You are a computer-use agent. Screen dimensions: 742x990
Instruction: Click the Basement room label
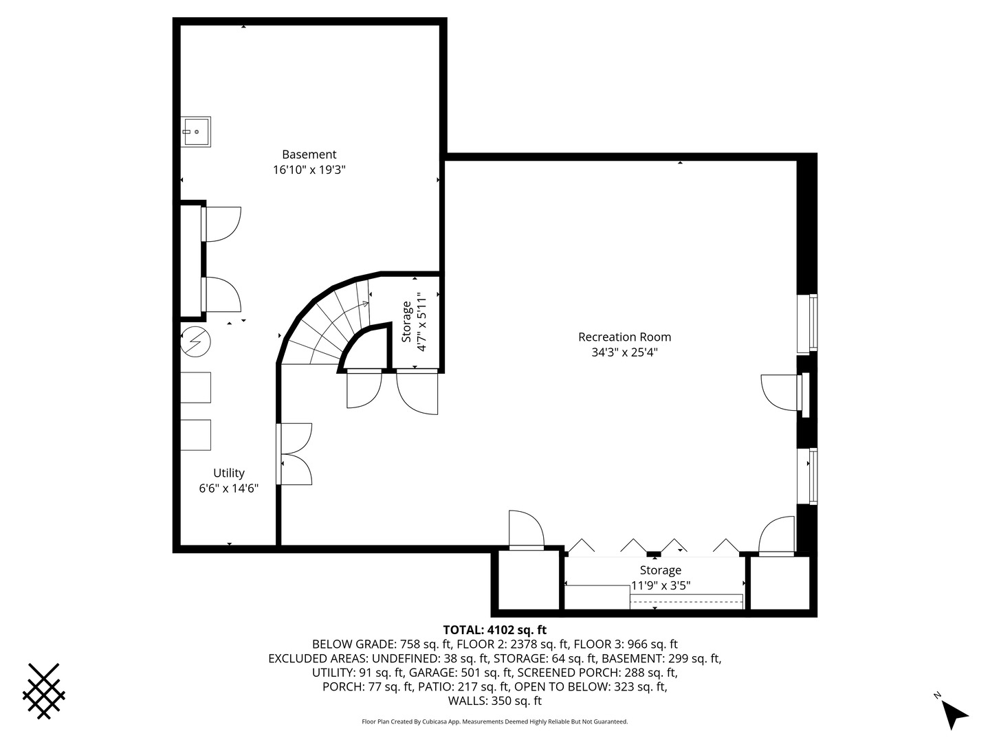click(x=309, y=155)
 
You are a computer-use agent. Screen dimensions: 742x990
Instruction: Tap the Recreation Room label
click(x=624, y=337)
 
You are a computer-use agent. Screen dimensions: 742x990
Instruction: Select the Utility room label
click(x=228, y=473)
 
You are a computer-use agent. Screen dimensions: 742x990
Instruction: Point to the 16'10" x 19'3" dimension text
click(x=309, y=170)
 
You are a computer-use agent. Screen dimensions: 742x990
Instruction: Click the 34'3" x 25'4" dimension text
click(x=624, y=352)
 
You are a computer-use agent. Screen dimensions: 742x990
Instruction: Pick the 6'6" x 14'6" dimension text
click(x=228, y=488)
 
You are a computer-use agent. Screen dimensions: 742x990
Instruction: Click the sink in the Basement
click(x=196, y=131)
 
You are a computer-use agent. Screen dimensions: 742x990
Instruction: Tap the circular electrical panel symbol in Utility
click(x=195, y=341)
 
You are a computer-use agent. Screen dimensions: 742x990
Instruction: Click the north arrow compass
click(x=953, y=713)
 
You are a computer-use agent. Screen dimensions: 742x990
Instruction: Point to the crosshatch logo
click(x=44, y=690)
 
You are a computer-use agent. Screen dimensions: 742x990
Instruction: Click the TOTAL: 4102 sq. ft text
click(x=494, y=629)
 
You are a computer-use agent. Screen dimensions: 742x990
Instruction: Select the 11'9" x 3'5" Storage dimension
click(x=661, y=585)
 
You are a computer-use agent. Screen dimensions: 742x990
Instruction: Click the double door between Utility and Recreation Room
click(x=294, y=454)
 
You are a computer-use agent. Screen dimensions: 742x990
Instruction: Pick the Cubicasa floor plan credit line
click(x=494, y=721)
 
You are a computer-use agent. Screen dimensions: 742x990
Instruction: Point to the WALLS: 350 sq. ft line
click(x=494, y=701)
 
